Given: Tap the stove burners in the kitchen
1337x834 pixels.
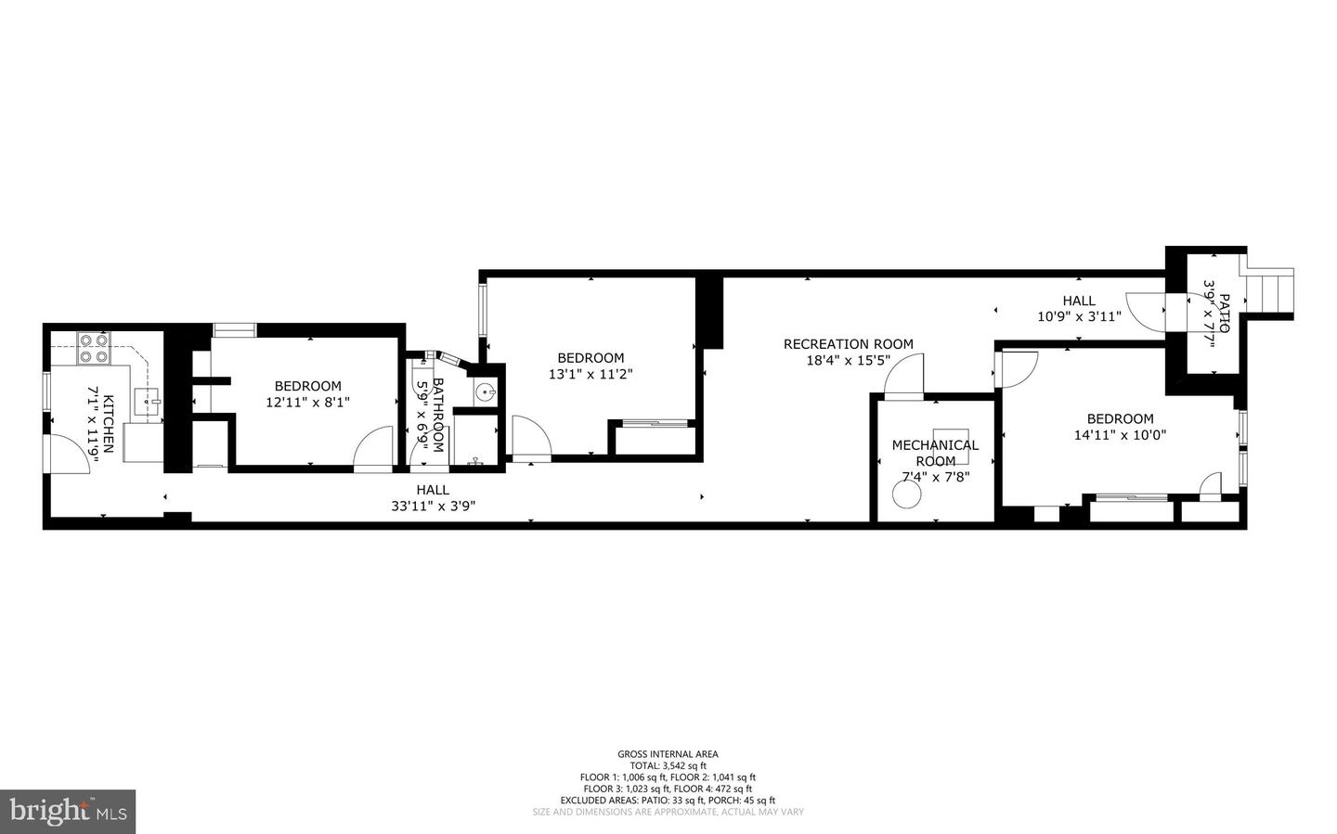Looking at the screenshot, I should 93,348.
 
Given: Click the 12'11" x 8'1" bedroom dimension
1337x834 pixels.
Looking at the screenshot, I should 308,402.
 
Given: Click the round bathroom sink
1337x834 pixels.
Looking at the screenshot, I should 485,392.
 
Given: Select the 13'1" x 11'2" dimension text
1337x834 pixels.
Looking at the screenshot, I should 591,374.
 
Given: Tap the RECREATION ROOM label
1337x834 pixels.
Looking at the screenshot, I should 848,344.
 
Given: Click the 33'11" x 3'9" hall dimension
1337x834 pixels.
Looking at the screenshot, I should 433,506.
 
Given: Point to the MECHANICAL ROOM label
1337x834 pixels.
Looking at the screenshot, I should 935,453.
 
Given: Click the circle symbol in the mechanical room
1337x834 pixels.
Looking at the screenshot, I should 905,496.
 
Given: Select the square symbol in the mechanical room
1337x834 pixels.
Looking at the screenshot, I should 952,445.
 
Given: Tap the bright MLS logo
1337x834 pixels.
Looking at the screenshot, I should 68,812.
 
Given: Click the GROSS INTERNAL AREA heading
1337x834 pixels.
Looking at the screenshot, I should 668,754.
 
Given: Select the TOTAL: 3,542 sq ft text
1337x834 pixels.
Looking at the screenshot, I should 668,765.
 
